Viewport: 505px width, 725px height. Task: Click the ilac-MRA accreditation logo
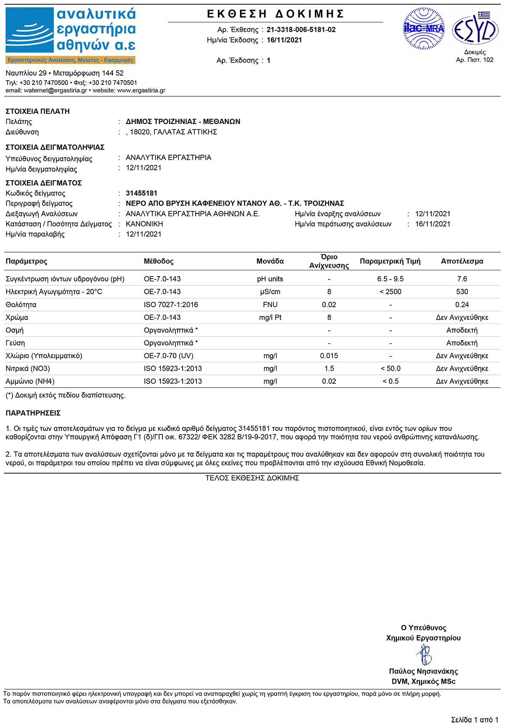coord(424,29)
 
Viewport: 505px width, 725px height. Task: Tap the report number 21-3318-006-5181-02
coord(301,29)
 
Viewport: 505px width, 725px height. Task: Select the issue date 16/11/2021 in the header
coord(284,40)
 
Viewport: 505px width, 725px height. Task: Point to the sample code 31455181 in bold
coord(141,193)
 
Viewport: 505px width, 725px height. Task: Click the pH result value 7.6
coord(462,279)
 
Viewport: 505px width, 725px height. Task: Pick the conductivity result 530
coord(462,292)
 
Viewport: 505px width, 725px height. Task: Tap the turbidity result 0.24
coord(462,305)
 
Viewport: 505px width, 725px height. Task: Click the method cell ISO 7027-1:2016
coord(171,305)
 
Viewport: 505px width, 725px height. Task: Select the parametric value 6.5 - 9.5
coord(390,279)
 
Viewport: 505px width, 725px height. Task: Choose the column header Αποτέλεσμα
coord(462,261)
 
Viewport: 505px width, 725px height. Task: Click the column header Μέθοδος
coord(159,261)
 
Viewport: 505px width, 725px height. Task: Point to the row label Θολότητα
coord(21,305)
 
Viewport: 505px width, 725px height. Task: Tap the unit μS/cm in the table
coord(270,292)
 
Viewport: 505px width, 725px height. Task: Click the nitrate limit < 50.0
coord(390,369)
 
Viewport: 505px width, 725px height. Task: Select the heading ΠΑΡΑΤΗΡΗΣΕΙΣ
coord(33,413)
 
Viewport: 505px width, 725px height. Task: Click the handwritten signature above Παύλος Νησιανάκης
coord(424,654)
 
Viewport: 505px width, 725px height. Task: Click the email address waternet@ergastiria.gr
coord(56,90)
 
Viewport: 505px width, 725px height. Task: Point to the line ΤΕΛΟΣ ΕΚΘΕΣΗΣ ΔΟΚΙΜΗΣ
coord(252,478)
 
